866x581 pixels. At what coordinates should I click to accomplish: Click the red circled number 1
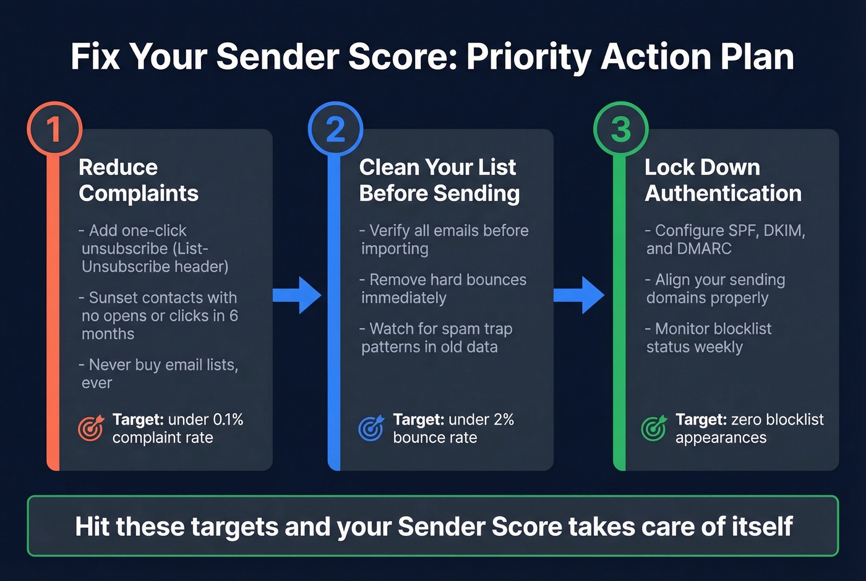(x=54, y=129)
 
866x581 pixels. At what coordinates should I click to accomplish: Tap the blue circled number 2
(x=335, y=129)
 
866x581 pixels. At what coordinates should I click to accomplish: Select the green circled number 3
(x=620, y=129)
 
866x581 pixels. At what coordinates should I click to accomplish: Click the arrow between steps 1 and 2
(x=298, y=296)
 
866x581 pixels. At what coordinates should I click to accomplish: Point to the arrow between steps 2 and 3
(x=579, y=296)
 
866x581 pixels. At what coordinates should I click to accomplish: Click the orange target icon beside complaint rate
(x=91, y=428)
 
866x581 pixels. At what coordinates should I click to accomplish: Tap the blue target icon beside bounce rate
(x=371, y=428)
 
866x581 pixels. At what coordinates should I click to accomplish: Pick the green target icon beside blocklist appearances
(x=654, y=428)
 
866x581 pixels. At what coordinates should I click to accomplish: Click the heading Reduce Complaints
(x=139, y=180)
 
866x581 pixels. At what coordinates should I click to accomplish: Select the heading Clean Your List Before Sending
(x=439, y=180)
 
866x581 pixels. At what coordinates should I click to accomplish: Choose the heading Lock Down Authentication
(x=723, y=180)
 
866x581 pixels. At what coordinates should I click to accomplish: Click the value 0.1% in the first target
(x=228, y=420)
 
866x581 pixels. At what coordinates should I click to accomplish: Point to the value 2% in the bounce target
(x=504, y=420)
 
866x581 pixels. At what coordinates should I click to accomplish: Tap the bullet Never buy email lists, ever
(x=159, y=374)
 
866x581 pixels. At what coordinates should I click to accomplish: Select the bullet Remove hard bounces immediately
(x=443, y=289)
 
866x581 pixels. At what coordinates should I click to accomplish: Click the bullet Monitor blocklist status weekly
(x=709, y=338)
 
